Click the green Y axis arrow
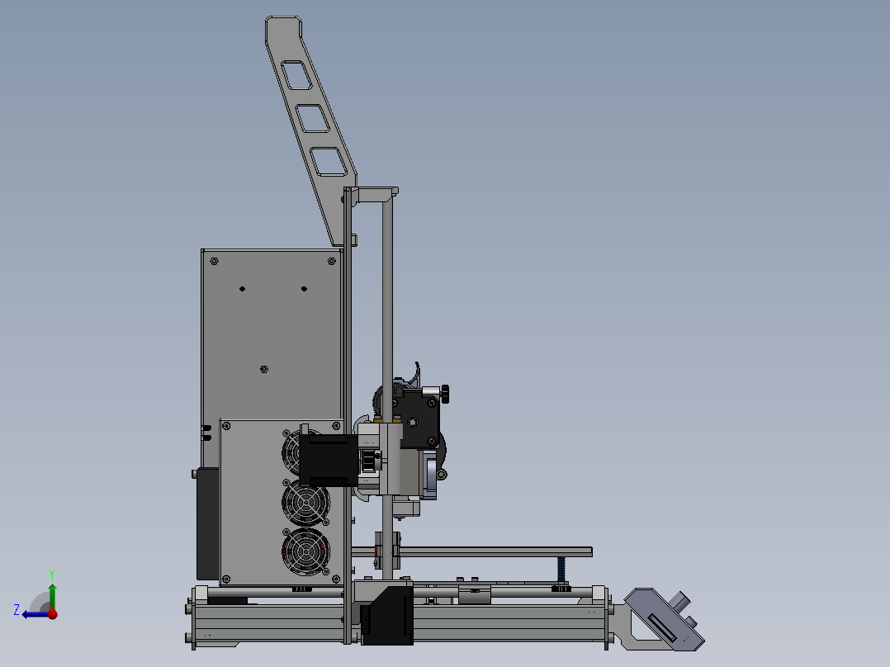52,593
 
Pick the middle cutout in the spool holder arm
313,119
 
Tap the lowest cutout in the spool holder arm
329,162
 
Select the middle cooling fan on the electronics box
305,501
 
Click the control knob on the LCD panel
682,601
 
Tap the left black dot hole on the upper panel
242,288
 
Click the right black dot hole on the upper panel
304,288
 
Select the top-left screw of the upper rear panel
214,261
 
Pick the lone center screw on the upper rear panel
263,369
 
